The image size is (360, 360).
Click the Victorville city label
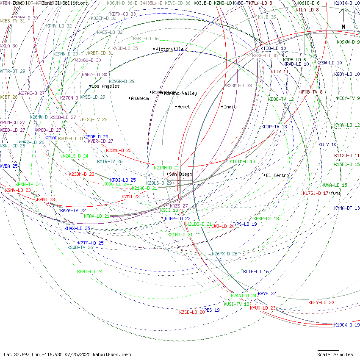point(169,49)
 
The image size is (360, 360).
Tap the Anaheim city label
point(140,98)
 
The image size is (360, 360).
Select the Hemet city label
point(184,107)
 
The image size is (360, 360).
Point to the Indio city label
point(230,107)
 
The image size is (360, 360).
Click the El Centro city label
point(277,175)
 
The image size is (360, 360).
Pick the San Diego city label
point(180,174)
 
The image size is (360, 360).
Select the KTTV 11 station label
point(280,72)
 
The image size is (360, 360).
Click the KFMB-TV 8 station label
point(311,92)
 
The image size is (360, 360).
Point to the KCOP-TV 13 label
point(274,127)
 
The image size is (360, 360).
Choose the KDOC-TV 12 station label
point(281,99)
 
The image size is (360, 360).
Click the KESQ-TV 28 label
point(94,119)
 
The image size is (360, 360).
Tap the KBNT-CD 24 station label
point(90,271)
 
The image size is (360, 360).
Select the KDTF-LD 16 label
point(256,271)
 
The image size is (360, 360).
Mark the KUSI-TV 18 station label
point(236,304)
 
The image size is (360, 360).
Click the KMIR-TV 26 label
point(110,161)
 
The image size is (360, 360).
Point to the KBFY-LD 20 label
point(321,302)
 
